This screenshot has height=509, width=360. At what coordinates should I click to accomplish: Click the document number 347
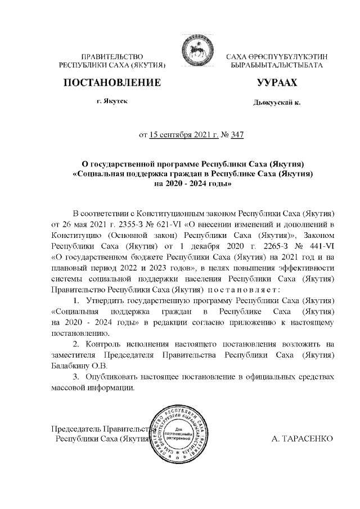[x=237, y=135]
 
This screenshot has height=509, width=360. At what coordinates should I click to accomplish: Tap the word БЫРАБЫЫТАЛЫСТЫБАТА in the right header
[x=277, y=66]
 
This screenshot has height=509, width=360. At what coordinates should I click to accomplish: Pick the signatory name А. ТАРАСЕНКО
[x=302, y=438]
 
